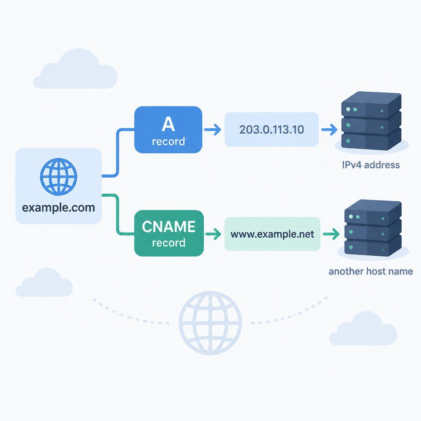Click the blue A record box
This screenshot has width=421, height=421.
tap(168, 130)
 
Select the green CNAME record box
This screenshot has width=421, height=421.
tap(169, 233)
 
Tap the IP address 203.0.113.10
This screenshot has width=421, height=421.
tap(271, 130)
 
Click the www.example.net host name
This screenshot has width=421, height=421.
tap(272, 234)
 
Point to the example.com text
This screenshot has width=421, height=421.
tap(58, 208)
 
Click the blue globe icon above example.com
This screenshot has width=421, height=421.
tap(58, 176)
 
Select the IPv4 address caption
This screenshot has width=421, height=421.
tap(371, 164)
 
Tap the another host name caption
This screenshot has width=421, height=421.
tap(371, 271)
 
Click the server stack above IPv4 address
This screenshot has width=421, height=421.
tap(371, 121)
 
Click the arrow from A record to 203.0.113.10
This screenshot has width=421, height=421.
tap(213, 130)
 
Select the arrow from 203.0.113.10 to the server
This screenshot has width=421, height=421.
tap(329, 130)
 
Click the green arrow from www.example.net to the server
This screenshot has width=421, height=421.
tap(331, 234)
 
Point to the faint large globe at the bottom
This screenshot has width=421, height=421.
tap(210, 323)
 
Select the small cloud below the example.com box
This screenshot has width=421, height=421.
tap(44, 283)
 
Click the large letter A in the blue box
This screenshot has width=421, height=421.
tap(168, 124)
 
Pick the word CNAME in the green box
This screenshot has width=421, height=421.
tap(169, 227)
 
